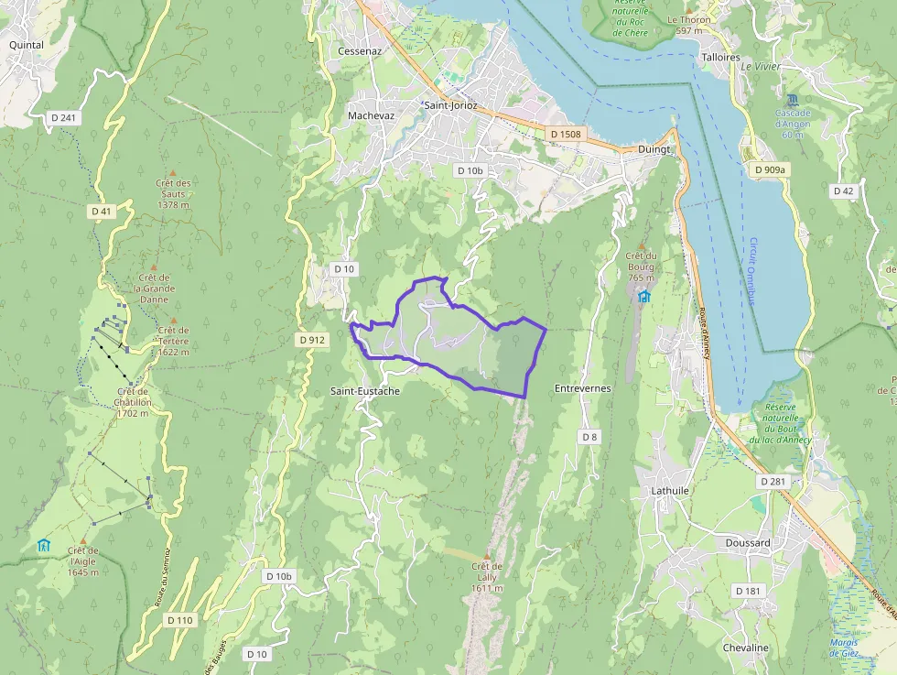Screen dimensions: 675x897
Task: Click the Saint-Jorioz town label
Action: (x=448, y=105)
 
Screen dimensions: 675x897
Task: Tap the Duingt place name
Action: (x=655, y=148)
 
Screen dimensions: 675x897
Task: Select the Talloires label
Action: (x=719, y=57)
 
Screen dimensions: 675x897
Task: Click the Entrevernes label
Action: (x=582, y=388)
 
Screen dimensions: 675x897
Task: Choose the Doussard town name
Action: (x=747, y=543)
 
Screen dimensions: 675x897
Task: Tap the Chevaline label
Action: (x=746, y=648)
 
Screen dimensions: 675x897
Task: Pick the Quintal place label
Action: (x=27, y=43)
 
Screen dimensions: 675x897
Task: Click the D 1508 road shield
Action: (x=565, y=135)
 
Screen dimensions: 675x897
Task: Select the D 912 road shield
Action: (x=312, y=340)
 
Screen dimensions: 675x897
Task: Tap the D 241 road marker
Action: (x=63, y=117)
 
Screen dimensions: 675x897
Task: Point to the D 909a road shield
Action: (x=770, y=169)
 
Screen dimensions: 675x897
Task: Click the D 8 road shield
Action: (x=589, y=437)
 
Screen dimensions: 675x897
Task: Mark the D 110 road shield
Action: (x=180, y=620)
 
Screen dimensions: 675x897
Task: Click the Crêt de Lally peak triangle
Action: (x=486, y=556)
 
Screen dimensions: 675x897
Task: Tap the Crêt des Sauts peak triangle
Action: (x=172, y=172)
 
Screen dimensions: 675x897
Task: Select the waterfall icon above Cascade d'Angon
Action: (x=791, y=98)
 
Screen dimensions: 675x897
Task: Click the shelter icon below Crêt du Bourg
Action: (x=644, y=296)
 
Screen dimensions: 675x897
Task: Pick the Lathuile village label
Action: (x=669, y=491)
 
